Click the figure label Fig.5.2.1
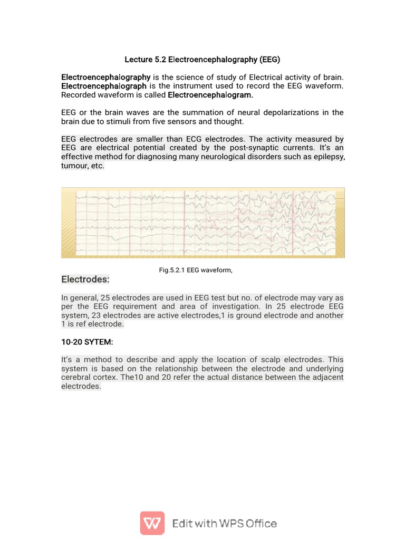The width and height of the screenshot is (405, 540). point(171,270)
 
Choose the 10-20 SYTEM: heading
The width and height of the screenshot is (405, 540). point(87,342)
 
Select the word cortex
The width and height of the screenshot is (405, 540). point(122,378)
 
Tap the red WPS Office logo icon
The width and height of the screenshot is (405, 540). point(152,523)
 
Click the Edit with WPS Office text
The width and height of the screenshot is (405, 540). point(225,524)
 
